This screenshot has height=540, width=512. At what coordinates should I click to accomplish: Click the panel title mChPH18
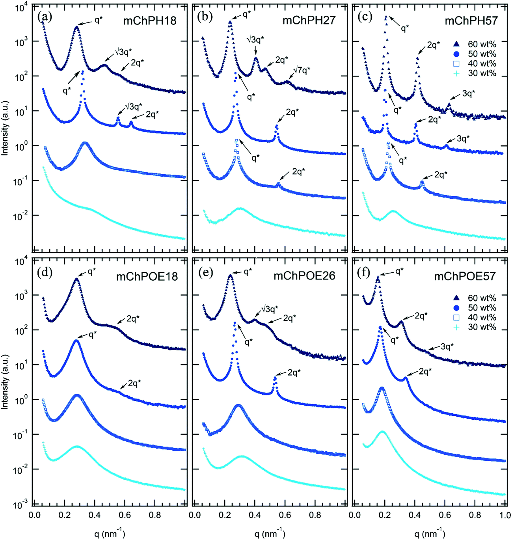click(x=149, y=20)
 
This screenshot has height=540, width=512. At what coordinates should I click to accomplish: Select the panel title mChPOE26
click(x=304, y=276)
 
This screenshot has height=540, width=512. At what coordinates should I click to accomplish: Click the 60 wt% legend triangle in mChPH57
click(x=457, y=44)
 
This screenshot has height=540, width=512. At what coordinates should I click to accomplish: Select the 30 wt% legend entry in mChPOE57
click(x=482, y=327)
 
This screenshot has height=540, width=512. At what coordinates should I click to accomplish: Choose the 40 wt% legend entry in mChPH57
click(x=482, y=63)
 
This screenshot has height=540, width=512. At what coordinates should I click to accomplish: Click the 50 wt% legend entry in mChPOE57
click(x=482, y=308)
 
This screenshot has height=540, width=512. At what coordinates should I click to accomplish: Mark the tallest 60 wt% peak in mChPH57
click(x=386, y=17)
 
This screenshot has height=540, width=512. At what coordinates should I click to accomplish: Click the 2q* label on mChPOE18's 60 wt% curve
click(x=133, y=318)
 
